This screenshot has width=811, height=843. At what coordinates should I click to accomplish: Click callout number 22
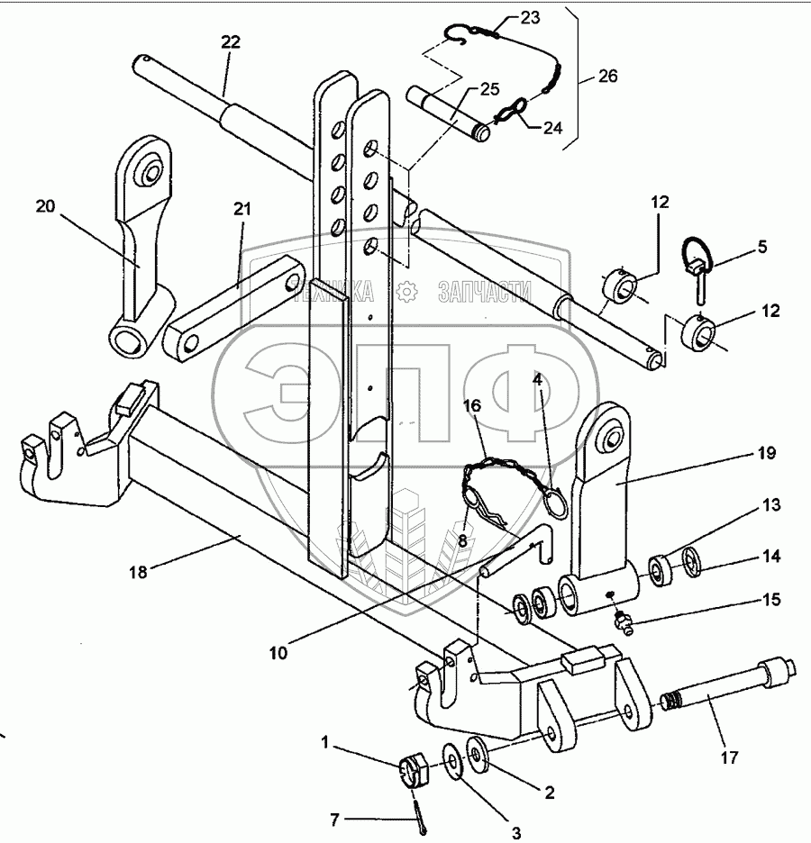[x=230, y=43]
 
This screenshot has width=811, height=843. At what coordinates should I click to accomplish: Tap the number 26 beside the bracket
[x=607, y=77]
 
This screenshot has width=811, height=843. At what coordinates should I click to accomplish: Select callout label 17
[x=729, y=757]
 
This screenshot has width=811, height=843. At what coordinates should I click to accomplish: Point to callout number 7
[x=335, y=820]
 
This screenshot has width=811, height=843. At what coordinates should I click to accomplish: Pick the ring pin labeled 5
[x=699, y=265]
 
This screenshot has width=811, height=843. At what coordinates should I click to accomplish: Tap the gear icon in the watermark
[x=407, y=290]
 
